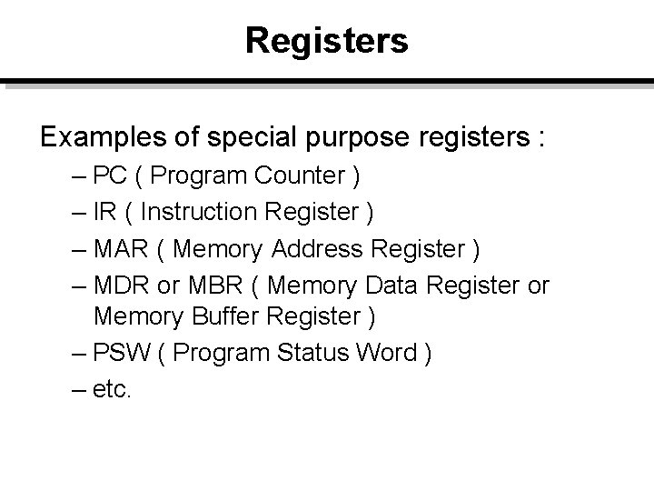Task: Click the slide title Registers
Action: (326, 40)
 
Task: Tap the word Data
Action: (395, 286)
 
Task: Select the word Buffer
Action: (211, 316)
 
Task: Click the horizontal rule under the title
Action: (327, 83)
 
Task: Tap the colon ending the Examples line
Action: (542, 138)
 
